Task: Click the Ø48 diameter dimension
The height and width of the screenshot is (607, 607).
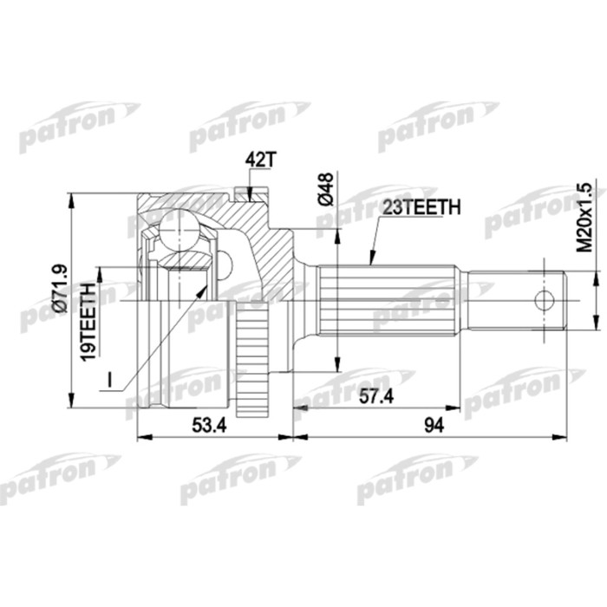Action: pos(326,190)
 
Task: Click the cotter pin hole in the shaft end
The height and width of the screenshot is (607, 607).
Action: pos(544,301)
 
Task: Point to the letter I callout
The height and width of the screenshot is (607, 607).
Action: pos(110,381)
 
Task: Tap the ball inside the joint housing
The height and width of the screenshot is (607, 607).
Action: pos(183,232)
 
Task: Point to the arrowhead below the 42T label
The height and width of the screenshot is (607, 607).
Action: pos(251,194)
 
